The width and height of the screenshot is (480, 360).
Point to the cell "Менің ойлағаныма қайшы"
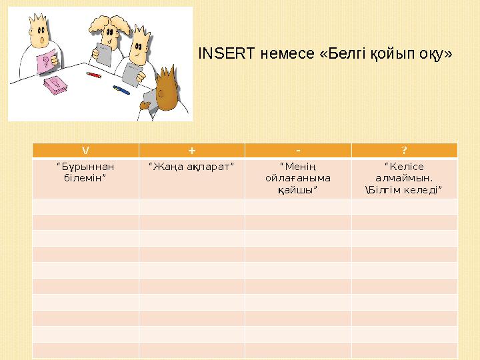tap(297, 178)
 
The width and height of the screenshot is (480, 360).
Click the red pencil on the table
tap(93, 75)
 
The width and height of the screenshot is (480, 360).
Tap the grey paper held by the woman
tap(105, 53)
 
